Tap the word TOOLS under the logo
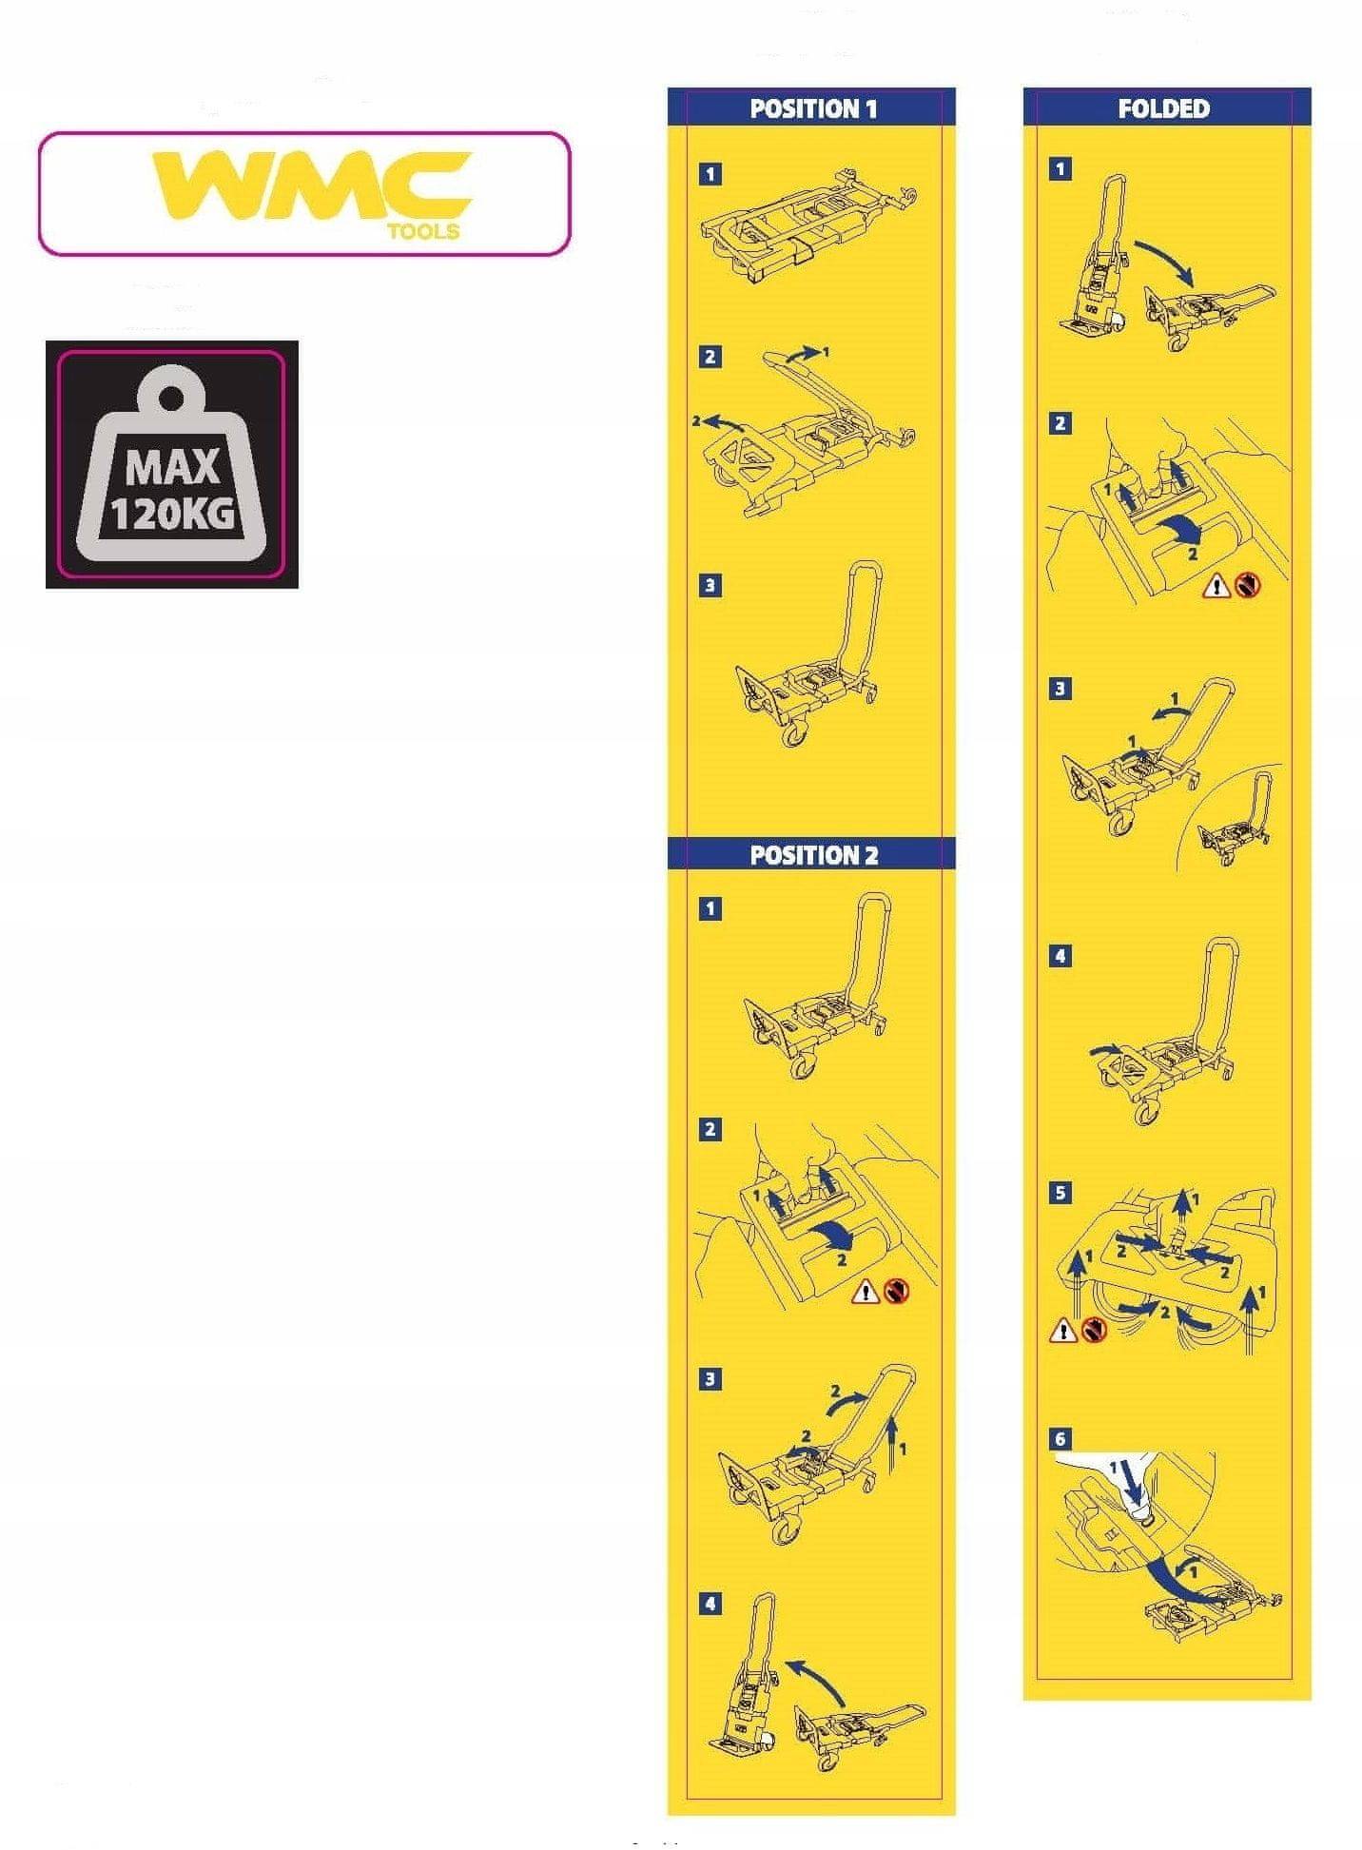click(423, 231)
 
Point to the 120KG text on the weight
click(172, 514)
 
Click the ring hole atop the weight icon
click(173, 398)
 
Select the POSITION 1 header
click(813, 108)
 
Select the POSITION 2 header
click(813, 855)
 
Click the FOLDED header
click(1163, 108)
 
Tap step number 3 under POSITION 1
click(710, 585)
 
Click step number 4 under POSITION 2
click(710, 1604)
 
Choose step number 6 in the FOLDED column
click(1060, 1440)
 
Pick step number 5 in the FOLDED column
click(1060, 1193)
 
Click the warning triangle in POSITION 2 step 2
click(866, 1292)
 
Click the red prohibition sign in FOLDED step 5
click(1094, 1329)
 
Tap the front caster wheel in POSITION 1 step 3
click(792, 733)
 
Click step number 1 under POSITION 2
click(710, 908)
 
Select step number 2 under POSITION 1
click(710, 357)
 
